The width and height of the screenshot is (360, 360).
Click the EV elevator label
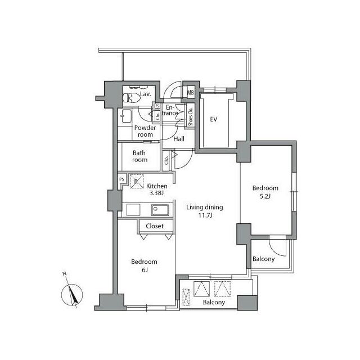coord(214,119)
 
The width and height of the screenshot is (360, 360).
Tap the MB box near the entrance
coord(190,93)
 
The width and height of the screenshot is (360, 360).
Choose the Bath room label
coord(140,156)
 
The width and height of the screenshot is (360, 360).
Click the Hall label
coord(179,139)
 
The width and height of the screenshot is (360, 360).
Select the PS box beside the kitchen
coord(121,179)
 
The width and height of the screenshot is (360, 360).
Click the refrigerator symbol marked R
coord(136,181)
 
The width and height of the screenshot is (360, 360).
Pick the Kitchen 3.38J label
coord(156,189)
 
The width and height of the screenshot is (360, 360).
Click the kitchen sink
coord(160,210)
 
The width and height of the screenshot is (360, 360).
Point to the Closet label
coord(155,226)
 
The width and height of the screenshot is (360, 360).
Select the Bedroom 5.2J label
coord(265,192)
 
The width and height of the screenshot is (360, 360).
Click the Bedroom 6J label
coord(144,265)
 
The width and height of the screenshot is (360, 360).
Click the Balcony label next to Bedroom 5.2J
coord(263,259)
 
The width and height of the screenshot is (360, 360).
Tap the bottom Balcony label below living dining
coord(214,302)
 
